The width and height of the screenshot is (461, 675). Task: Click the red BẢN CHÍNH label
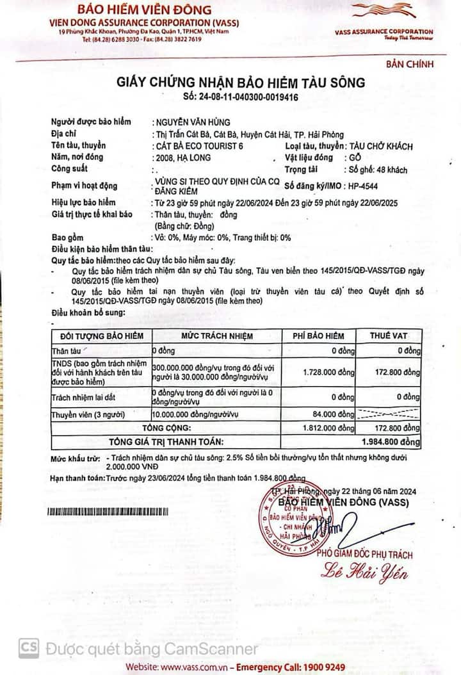click(410, 64)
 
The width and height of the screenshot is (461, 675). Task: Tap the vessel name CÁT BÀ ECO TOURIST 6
click(198, 146)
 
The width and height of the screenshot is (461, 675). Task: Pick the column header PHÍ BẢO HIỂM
click(318, 336)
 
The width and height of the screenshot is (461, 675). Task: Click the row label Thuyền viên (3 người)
click(93, 415)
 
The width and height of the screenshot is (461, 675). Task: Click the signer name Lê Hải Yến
click(364, 571)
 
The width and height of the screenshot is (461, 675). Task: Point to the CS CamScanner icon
click(28, 647)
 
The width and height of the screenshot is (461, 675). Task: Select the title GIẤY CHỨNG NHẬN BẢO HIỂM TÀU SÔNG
click(240, 83)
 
